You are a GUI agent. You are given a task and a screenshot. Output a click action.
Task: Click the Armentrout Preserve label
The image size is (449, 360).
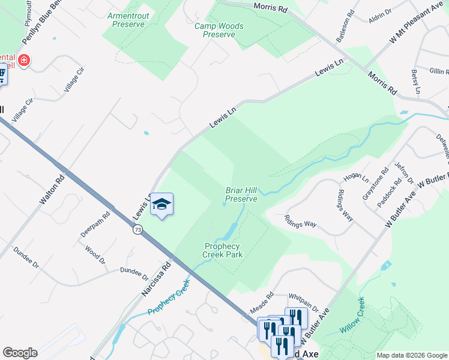tap(126, 20)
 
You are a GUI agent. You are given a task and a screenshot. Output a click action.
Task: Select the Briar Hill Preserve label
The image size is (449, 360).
tap(241, 194)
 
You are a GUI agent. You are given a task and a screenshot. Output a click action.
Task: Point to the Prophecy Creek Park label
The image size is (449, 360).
tap(222, 251)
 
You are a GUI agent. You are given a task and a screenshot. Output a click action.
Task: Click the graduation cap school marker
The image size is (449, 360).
tap(161, 205)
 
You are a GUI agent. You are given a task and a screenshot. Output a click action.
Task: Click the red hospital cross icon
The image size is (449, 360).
tap(24, 61)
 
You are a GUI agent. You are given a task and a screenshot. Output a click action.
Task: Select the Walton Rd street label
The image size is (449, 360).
tap(52, 190)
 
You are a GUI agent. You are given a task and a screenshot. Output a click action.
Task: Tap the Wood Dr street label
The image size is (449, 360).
tap(95, 254)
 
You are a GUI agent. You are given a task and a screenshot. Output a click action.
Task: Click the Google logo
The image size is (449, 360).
tap(20, 353)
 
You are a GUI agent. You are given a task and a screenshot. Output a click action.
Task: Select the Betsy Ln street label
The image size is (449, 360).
tap(415, 82)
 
